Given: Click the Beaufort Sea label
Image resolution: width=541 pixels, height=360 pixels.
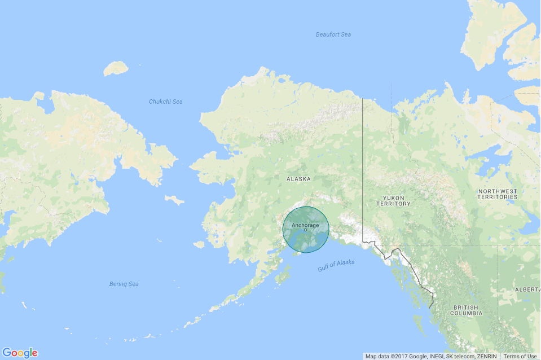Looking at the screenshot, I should pos(333,35).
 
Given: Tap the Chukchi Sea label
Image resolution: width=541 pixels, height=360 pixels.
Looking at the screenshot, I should pos(165,102).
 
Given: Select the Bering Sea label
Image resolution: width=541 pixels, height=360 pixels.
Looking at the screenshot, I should pos(124,284).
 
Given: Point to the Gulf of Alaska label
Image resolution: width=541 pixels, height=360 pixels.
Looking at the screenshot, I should pos(336,265).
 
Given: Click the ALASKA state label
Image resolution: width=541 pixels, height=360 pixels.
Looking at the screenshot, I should pos(298,179).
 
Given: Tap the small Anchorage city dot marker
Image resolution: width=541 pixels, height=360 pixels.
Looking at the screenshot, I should pos(305,230).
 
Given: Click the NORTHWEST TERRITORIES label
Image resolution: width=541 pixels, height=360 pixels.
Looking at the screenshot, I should pos(497,194).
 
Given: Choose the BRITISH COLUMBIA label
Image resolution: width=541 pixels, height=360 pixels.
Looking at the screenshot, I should pos(466,310).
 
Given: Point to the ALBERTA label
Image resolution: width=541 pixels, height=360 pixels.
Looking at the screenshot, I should pos(527,289).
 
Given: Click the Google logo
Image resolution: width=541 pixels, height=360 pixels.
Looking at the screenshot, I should pos(20,353).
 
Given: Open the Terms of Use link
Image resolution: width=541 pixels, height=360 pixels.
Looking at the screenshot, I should pos(520,356).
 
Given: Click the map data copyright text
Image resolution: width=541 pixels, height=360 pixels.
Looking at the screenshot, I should pos(431,356).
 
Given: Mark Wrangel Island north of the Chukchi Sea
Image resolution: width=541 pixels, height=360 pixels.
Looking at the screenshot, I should pos(116,69).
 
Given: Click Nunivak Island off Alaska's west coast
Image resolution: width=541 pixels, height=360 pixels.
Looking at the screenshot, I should pos(199,245).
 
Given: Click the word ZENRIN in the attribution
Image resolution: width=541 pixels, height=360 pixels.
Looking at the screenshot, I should pos(486,356).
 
